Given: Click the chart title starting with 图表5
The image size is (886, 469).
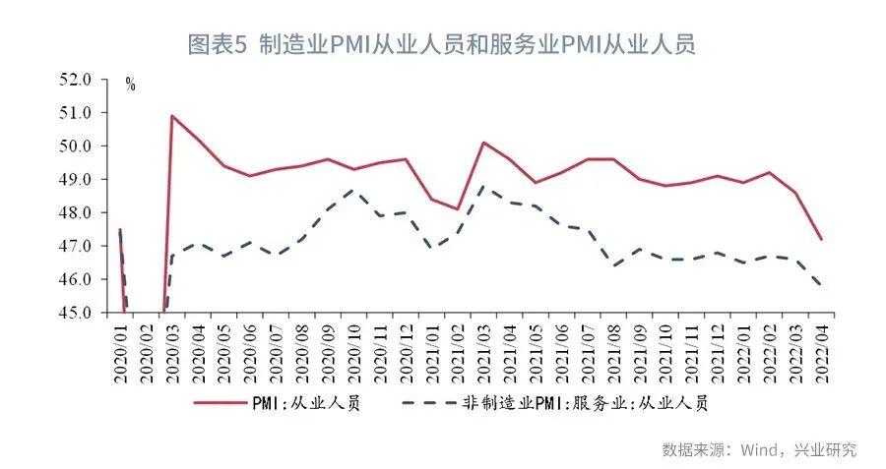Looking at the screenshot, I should coord(442,45).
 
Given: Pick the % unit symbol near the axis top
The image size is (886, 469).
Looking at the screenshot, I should coord(130,86).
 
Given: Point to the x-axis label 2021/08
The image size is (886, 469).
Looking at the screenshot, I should coord(613,351).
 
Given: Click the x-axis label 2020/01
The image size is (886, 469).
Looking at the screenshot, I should coord(121,351).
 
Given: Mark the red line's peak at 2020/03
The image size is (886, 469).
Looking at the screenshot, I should coord(172,116).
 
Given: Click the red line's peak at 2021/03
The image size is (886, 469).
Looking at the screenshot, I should coord(483,143).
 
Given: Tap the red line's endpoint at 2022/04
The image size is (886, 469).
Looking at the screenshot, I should coord(821,239).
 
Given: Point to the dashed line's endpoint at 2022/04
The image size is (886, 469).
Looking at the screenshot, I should coord(821,285).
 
